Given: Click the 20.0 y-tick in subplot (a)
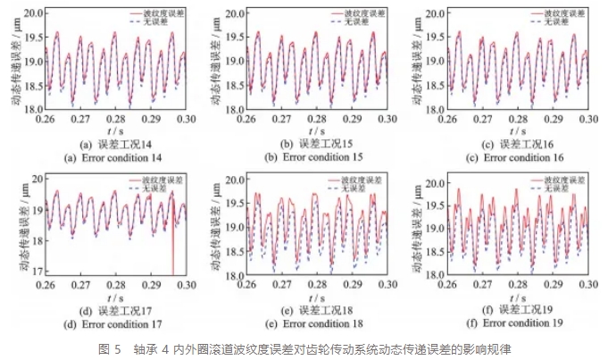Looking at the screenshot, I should [x=31, y=14].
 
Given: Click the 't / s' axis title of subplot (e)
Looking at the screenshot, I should [x=312, y=296].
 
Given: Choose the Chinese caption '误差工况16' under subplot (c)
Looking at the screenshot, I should [x=528, y=144].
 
